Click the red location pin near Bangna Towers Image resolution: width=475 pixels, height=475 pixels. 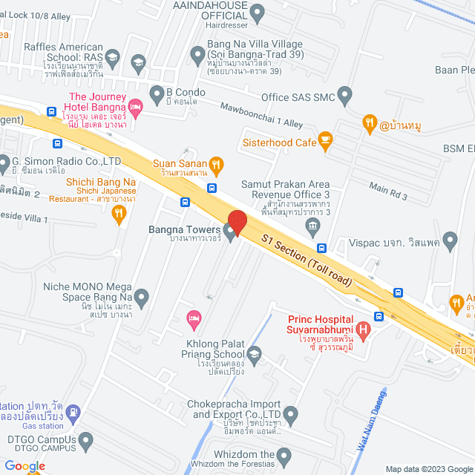point(237,222)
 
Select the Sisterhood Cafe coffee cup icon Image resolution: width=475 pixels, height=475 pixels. point(324,139)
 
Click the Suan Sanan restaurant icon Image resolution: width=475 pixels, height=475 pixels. point(216,163)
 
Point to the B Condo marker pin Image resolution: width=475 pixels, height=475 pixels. point(157,94)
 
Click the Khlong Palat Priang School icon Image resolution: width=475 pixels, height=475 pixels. point(255,354)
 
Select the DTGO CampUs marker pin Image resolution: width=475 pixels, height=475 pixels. point(87,441)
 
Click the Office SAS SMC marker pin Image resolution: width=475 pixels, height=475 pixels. point(344,94)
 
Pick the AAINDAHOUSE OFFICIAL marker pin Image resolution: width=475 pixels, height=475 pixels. point(258,11)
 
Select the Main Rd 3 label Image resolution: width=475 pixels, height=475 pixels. point(389,191)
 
